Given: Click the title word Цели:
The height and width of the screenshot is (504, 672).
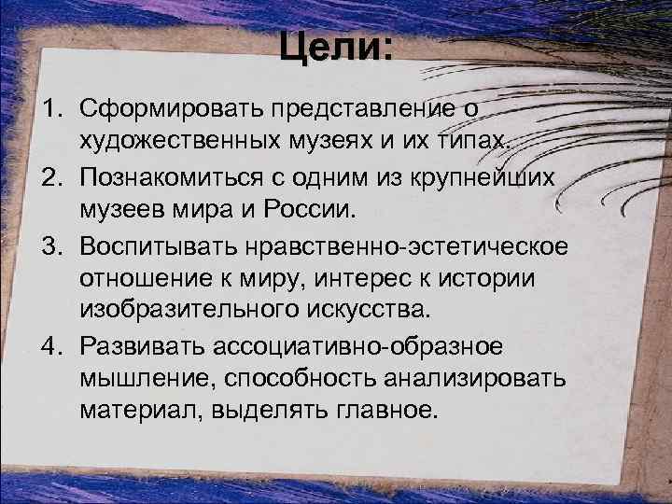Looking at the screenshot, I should point(336,47).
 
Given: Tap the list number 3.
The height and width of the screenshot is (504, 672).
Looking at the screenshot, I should point(49,245).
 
